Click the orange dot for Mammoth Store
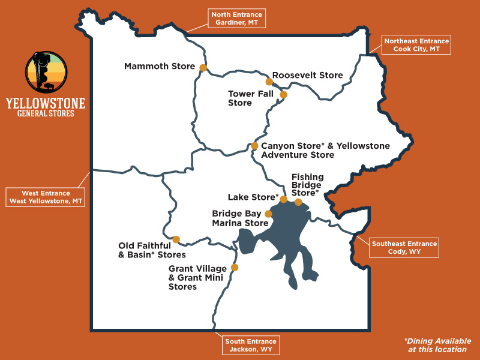pyautogui.click(x=203, y=68)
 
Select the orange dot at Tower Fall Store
pyautogui.click(x=284, y=94)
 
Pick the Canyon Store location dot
pyautogui.click(x=254, y=146)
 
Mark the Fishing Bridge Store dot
pyautogui.click(x=298, y=202)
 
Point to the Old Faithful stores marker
pyautogui.click(x=176, y=239)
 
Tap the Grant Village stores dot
pyautogui.click(x=235, y=268)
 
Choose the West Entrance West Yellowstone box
pyautogui.click(x=45, y=197)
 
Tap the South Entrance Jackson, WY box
pyautogui.click(x=251, y=345)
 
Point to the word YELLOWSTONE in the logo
pyautogui.click(x=46, y=103)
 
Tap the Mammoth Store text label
pyautogui.click(x=160, y=66)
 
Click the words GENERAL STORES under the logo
pyautogui.click(x=46, y=113)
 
